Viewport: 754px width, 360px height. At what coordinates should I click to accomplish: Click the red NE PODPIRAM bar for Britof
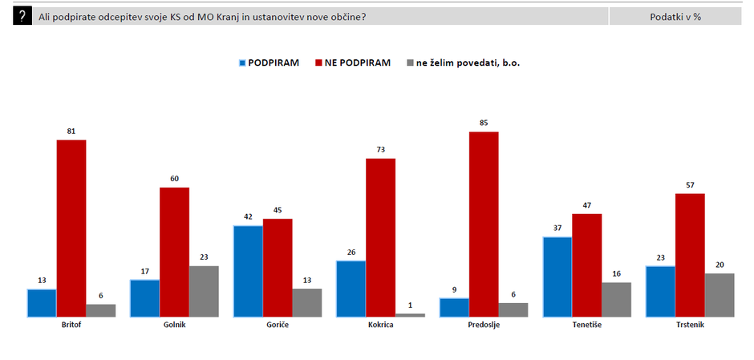[x=71, y=229]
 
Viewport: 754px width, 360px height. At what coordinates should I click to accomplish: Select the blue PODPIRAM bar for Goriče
[x=248, y=271]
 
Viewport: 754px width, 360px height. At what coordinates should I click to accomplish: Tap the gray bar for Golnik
[x=204, y=291]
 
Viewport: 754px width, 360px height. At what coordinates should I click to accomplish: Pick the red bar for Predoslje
[x=484, y=224]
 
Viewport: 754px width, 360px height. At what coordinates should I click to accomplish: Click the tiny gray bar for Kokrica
[x=410, y=315]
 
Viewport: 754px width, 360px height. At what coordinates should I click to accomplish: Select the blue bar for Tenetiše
[x=557, y=277]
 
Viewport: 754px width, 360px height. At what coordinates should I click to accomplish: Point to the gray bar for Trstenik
[x=720, y=295]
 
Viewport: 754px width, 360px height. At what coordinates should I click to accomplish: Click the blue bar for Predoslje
[x=454, y=307]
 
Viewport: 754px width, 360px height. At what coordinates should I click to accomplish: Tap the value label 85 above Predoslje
[x=484, y=123]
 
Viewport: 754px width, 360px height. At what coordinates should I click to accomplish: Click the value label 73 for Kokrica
[x=381, y=150]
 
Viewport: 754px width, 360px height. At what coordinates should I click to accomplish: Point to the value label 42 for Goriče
[x=248, y=217]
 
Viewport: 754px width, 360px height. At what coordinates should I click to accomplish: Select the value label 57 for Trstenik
[x=690, y=185]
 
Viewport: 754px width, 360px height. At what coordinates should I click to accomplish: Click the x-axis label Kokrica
[x=380, y=325]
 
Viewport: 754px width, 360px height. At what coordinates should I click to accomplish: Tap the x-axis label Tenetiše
[x=587, y=325]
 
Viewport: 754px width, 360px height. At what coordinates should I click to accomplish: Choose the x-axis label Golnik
[x=174, y=325]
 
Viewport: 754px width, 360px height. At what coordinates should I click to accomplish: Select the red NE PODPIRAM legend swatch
[x=318, y=63]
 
